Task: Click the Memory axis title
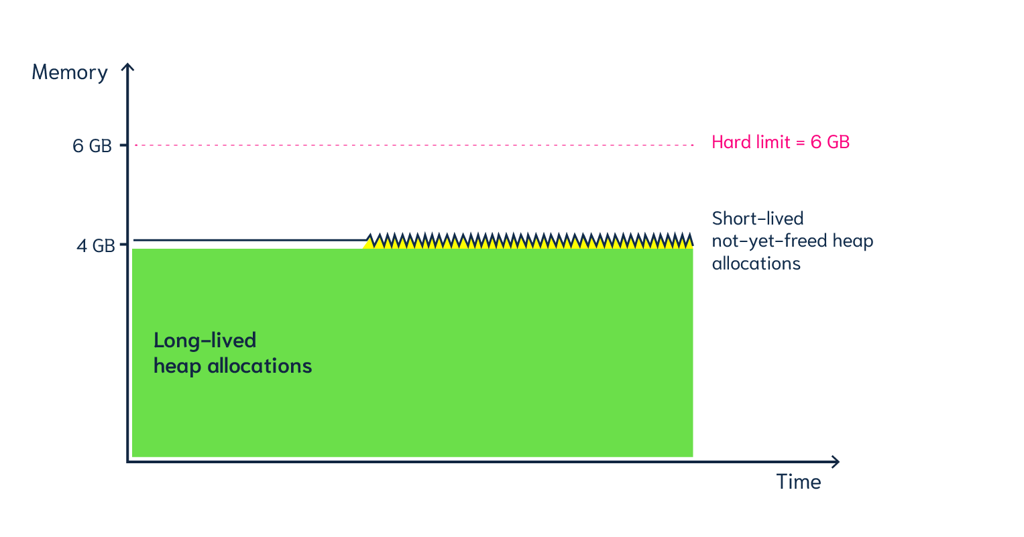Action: click(x=70, y=72)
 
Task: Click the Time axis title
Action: click(x=799, y=482)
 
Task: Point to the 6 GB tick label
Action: click(x=92, y=146)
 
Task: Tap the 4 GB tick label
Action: click(x=95, y=246)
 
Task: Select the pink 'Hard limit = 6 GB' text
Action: click(x=781, y=142)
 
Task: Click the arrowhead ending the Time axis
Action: click(x=836, y=461)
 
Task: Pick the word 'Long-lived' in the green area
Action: click(x=205, y=341)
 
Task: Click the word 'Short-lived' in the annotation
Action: click(x=758, y=219)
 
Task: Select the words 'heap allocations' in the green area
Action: click(x=233, y=366)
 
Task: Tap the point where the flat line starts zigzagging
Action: click(x=367, y=239)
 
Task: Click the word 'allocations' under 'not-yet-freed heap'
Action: click(x=756, y=263)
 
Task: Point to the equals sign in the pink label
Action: click(x=799, y=143)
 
